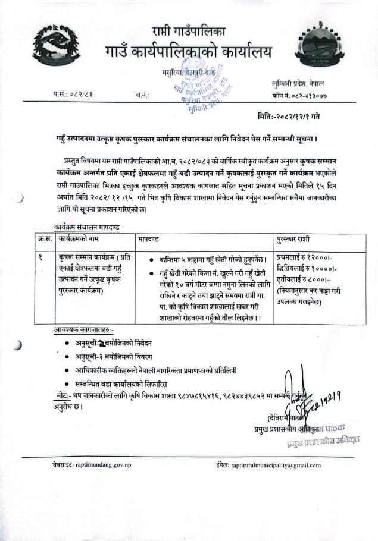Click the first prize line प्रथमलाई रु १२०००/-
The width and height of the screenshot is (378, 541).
click(x=305, y=257)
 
